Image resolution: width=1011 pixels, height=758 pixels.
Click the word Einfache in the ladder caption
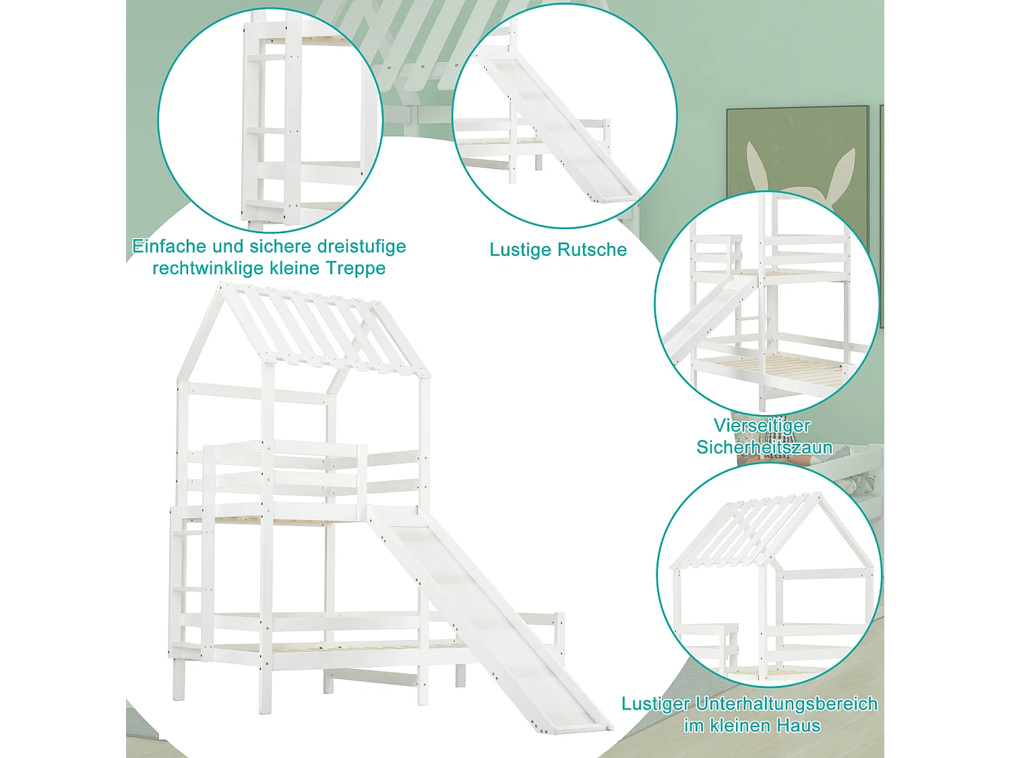168,246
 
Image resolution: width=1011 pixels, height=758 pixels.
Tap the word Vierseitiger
762,426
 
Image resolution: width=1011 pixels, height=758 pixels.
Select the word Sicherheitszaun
764,447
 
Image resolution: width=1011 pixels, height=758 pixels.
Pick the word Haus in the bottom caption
799,726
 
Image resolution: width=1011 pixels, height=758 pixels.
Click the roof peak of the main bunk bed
220,284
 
